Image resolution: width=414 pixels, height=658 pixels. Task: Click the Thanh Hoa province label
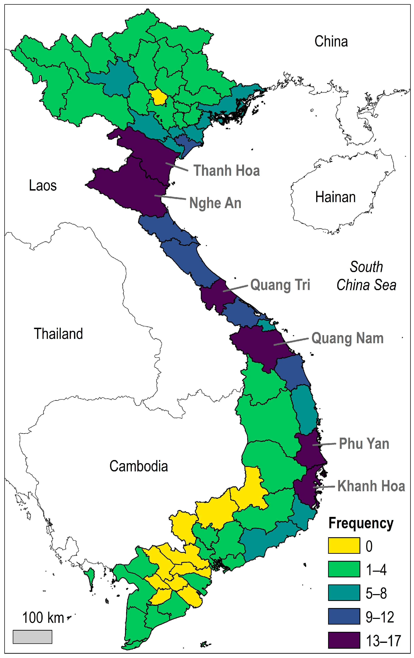click(226, 171)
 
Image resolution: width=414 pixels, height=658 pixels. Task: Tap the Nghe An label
click(215, 203)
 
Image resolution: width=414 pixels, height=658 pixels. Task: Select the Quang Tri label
click(280, 285)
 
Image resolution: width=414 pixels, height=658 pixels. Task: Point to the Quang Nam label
click(348, 338)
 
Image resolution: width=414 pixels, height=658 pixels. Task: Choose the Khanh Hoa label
click(371, 486)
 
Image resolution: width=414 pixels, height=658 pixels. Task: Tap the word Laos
click(43, 186)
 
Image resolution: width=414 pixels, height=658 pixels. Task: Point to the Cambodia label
click(139, 466)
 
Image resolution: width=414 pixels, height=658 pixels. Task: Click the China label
click(331, 42)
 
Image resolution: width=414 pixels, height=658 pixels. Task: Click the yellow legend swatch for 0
click(344, 545)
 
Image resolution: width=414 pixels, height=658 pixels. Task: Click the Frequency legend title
click(361, 523)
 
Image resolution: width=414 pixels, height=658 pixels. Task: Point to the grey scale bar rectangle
click(32, 637)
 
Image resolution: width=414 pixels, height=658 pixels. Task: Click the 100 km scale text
click(43, 618)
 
